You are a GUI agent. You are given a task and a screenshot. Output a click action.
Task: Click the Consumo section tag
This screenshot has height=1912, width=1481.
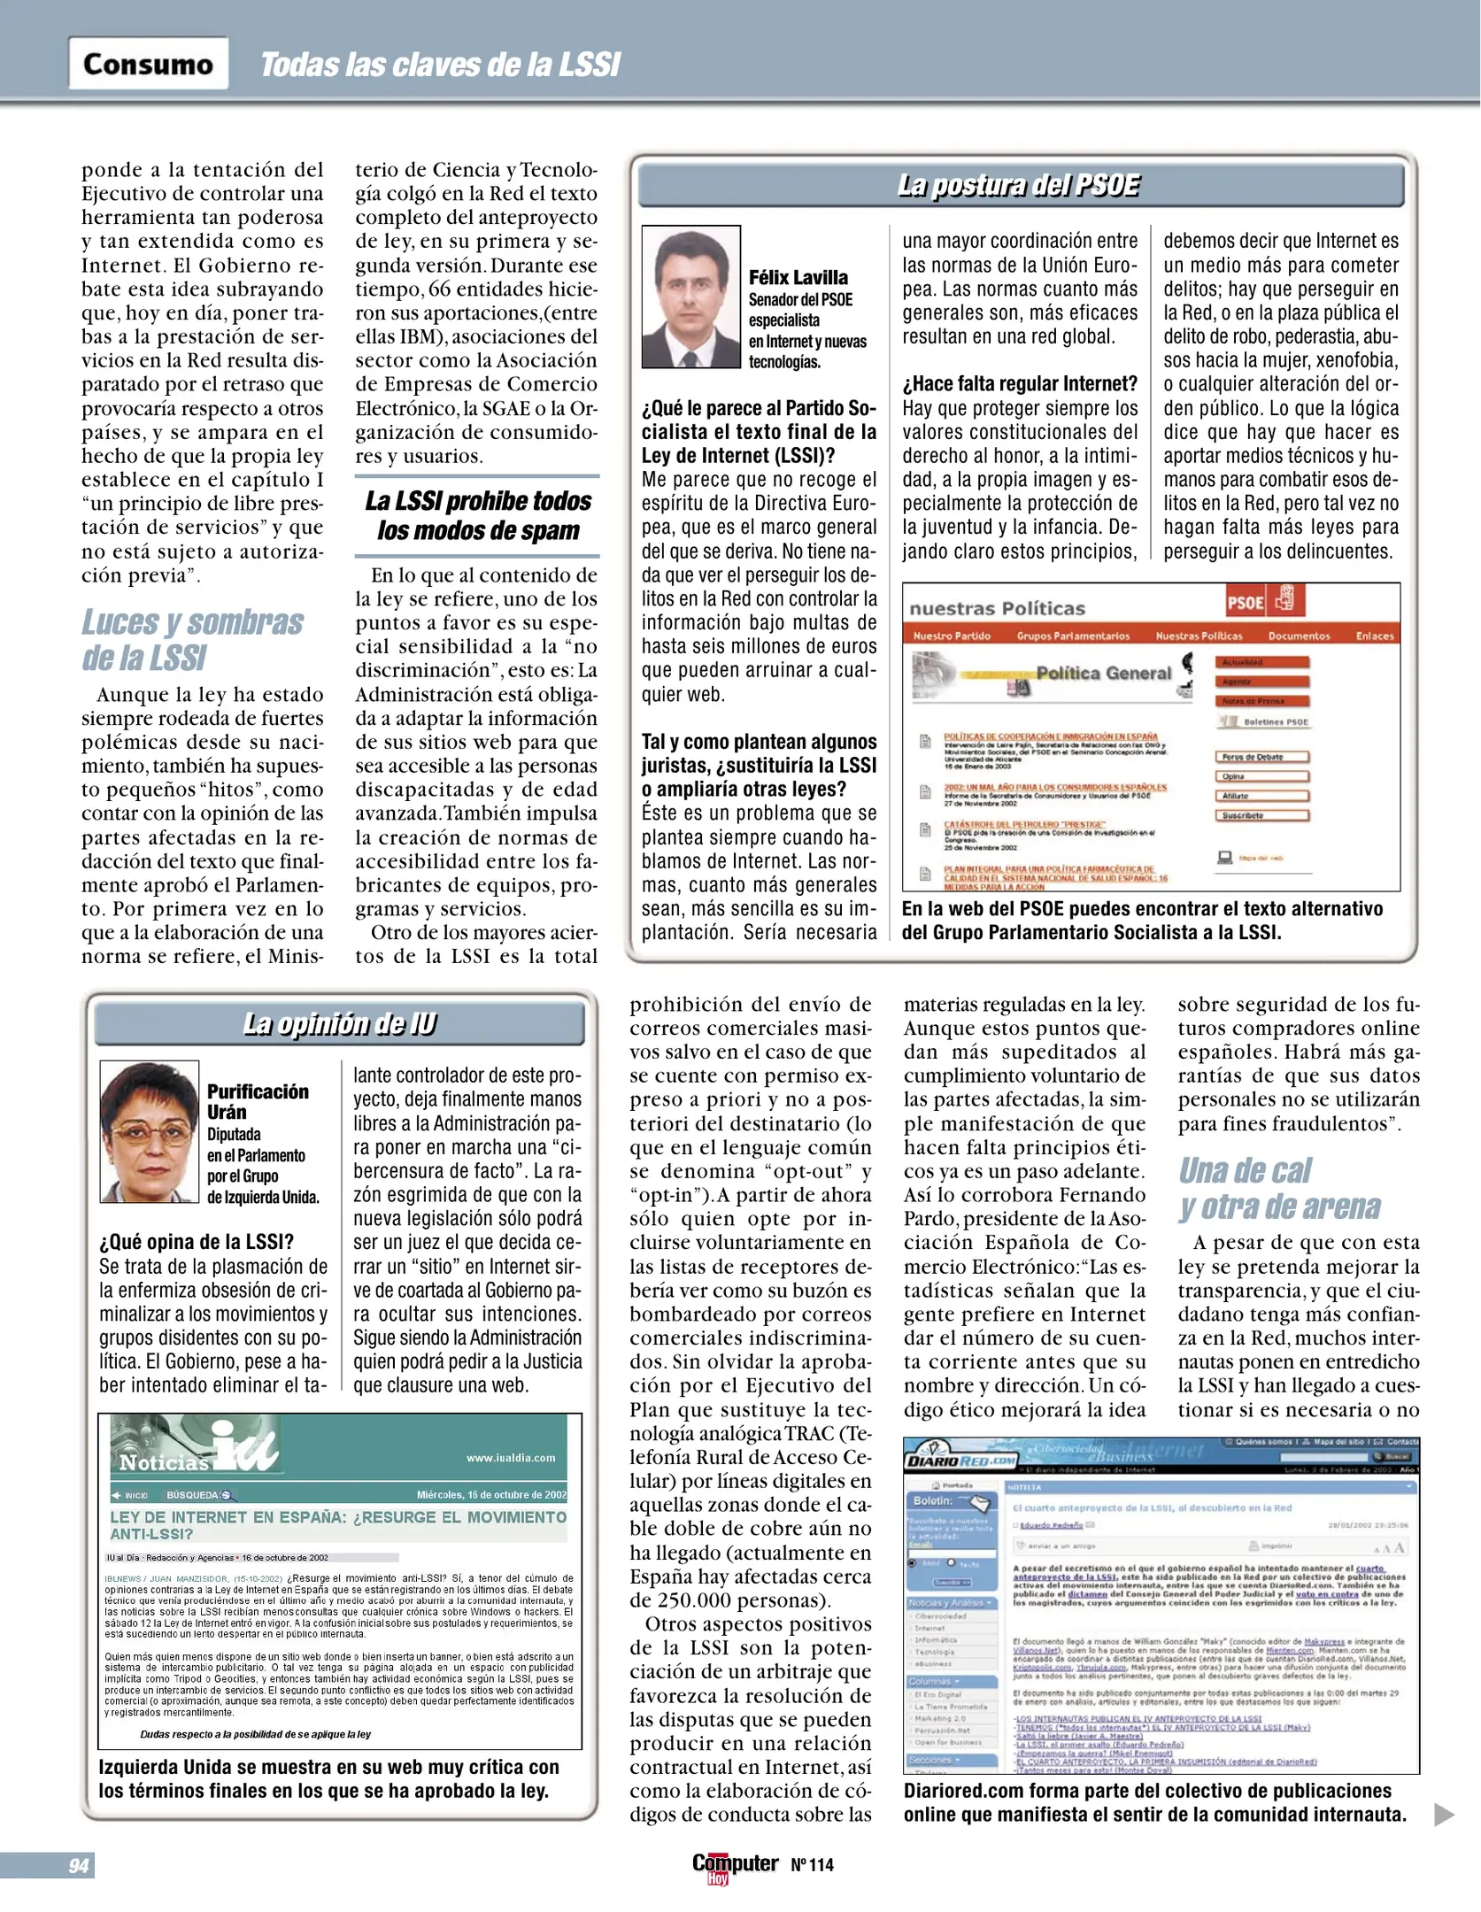148,64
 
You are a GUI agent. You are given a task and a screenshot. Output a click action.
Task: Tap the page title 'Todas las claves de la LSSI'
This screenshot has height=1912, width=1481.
440,65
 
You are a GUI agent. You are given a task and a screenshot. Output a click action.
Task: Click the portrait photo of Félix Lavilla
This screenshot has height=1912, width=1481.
690,297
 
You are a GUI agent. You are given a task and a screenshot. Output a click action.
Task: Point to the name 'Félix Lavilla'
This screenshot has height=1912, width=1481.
798,277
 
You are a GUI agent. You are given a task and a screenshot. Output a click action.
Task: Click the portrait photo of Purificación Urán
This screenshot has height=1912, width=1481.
149,1131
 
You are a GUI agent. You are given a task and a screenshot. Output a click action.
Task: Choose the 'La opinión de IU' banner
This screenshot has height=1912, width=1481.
339,1024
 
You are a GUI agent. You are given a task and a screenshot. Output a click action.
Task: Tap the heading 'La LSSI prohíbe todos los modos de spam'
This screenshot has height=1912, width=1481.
477,516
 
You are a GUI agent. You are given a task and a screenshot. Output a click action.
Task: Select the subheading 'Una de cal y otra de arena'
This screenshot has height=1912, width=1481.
1278,1189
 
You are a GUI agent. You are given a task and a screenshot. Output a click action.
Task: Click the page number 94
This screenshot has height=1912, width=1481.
79,1865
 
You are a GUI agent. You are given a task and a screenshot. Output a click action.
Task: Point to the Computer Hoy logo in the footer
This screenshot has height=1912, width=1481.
734,1866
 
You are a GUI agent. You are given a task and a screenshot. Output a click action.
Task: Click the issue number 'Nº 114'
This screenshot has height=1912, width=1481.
812,1865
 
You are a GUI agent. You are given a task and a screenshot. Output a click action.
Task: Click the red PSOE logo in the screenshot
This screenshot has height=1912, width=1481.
1245,603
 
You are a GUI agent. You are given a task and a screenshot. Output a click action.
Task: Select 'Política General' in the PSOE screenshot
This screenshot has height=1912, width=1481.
1103,673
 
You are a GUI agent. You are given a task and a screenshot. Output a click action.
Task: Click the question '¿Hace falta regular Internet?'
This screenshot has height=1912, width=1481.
1020,384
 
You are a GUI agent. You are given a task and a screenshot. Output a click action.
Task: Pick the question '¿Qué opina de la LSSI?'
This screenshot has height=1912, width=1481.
197,1242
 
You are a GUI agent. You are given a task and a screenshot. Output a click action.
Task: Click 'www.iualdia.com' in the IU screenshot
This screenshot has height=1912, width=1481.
511,1458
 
